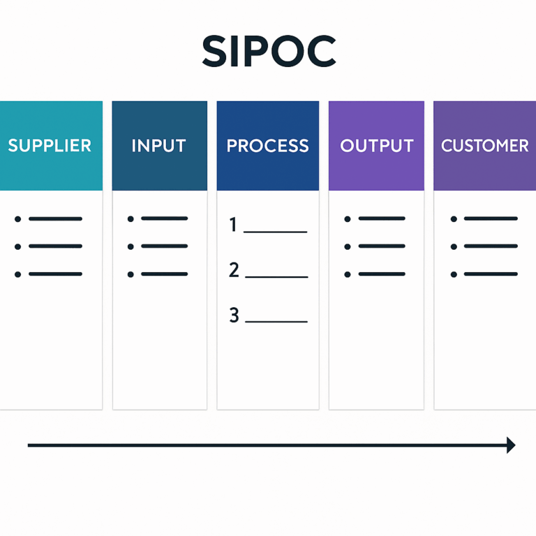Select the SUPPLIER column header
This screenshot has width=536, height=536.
(50, 146)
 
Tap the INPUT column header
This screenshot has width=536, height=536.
(159, 146)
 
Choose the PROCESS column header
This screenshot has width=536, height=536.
(267, 146)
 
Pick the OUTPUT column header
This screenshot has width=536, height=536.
(376, 146)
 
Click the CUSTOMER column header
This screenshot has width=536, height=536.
(484, 146)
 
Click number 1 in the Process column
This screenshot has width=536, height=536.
(234, 225)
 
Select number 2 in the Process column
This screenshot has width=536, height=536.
(234, 270)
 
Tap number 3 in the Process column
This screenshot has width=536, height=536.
(234, 315)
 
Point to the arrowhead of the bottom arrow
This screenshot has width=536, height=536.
(511, 445)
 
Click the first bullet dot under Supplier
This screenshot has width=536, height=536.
(17, 219)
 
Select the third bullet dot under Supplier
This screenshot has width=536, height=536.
(17, 274)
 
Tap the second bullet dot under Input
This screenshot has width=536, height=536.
(131, 246)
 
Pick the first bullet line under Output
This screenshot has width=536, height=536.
(381, 219)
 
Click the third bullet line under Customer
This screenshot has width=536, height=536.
(491, 274)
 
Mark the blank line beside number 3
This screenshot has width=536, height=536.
(276, 322)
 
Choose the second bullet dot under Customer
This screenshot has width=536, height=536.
(454, 246)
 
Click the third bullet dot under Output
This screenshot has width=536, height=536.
(347, 274)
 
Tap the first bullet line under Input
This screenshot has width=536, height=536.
(164, 219)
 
